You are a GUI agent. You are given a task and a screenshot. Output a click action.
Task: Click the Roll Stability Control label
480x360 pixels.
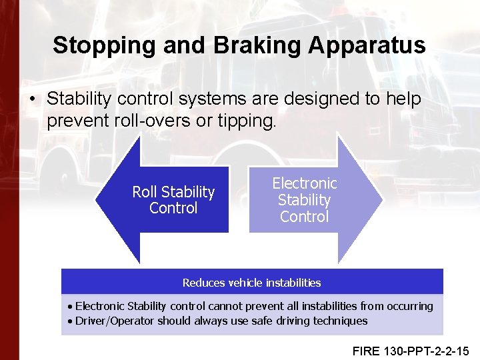point(173,200)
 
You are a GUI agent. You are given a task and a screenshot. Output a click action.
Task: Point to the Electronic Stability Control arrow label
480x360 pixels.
point(305,199)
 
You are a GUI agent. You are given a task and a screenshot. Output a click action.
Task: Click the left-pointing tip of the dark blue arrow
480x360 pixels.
point(99,199)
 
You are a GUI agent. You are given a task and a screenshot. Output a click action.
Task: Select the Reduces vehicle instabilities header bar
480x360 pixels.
point(252,283)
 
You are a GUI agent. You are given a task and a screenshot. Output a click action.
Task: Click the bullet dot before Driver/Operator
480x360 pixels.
point(70,321)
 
